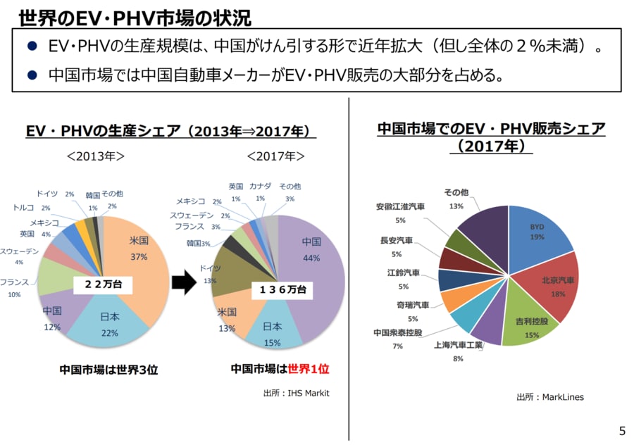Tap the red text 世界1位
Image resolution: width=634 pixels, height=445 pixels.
(x=309, y=368)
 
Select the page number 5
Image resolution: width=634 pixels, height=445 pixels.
(x=621, y=430)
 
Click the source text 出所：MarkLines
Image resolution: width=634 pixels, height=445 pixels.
(x=549, y=397)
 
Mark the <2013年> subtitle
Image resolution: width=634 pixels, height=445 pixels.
(x=96, y=156)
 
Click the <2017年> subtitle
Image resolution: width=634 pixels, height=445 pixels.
(x=276, y=156)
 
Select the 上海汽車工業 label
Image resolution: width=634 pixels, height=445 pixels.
(x=458, y=345)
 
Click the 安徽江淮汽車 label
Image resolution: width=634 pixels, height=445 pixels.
(x=400, y=207)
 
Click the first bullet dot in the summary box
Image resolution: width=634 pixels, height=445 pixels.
(x=31, y=46)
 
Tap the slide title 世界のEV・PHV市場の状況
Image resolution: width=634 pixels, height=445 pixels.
(x=135, y=15)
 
